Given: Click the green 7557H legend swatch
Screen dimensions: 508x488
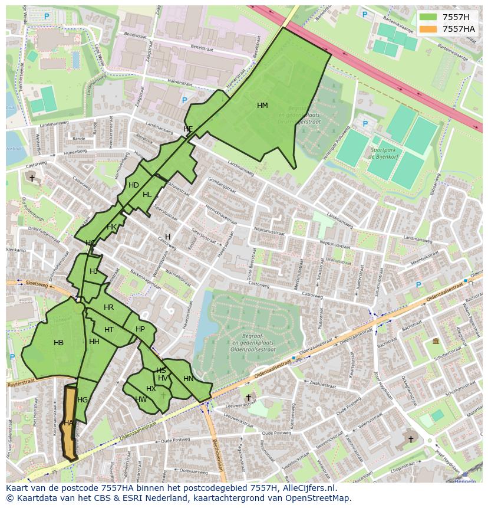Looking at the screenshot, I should point(428,17).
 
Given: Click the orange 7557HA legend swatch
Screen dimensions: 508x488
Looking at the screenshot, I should point(428,29).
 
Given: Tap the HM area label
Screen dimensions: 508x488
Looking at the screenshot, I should point(262,106).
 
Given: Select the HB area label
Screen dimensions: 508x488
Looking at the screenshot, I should point(58,343).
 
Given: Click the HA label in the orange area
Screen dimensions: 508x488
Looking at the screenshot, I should point(68,423).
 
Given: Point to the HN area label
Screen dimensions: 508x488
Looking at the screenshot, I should point(188,379).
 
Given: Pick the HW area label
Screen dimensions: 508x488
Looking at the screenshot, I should point(141,399).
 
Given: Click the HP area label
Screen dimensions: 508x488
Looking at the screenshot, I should point(140,329).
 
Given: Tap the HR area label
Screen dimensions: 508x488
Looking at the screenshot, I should point(108,307).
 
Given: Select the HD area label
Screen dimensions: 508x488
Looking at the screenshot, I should point(134,185).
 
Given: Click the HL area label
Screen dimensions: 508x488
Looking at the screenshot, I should point(147,195).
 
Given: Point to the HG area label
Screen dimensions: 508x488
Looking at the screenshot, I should point(83,400).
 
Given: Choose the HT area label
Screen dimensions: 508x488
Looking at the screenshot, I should point(109,330).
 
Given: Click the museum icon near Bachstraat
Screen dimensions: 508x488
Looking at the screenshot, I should point(435,342).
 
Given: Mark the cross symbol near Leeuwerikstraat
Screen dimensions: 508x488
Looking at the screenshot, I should point(248,398).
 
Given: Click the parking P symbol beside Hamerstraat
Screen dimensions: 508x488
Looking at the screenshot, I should point(184,100).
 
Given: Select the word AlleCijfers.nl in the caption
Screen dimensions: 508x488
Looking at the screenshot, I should point(307,488).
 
